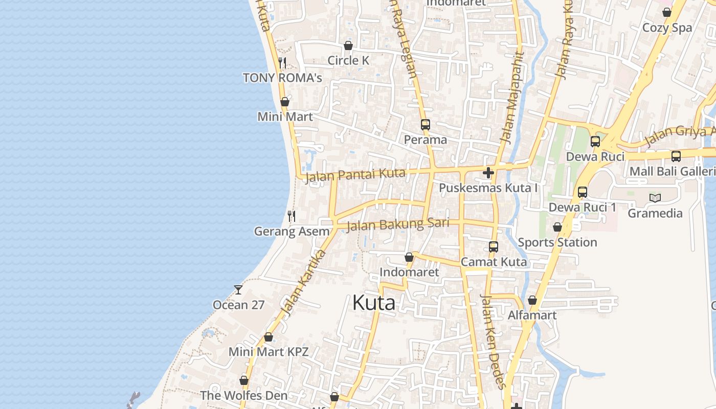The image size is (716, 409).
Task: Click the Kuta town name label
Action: tap(374, 303)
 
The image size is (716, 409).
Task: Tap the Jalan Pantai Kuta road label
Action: tap(355, 175)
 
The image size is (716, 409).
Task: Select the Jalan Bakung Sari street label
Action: tap(397, 224)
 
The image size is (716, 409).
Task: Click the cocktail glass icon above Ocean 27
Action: tap(238, 290)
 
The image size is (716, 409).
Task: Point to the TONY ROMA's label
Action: tap(282, 78)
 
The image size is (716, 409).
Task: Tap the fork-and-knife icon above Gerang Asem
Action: tap(291, 216)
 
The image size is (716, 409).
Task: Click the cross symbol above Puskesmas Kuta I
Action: tap(488, 173)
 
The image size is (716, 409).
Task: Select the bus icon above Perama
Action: tap(425, 124)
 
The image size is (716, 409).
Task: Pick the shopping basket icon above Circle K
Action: tap(348, 46)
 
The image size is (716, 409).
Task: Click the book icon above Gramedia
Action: tap(655, 198)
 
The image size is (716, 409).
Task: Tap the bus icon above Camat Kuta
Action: tap(494, 247)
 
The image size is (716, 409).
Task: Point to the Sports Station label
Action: tap(557, 242)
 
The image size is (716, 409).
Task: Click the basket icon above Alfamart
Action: tap(532, 300)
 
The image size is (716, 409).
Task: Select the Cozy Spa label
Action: tap(667, 28)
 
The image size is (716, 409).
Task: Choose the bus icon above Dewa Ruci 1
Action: tap(583, 192)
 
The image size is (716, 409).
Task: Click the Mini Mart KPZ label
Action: tap(268, 352)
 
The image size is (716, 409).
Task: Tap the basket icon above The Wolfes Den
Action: tap(244, 381)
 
